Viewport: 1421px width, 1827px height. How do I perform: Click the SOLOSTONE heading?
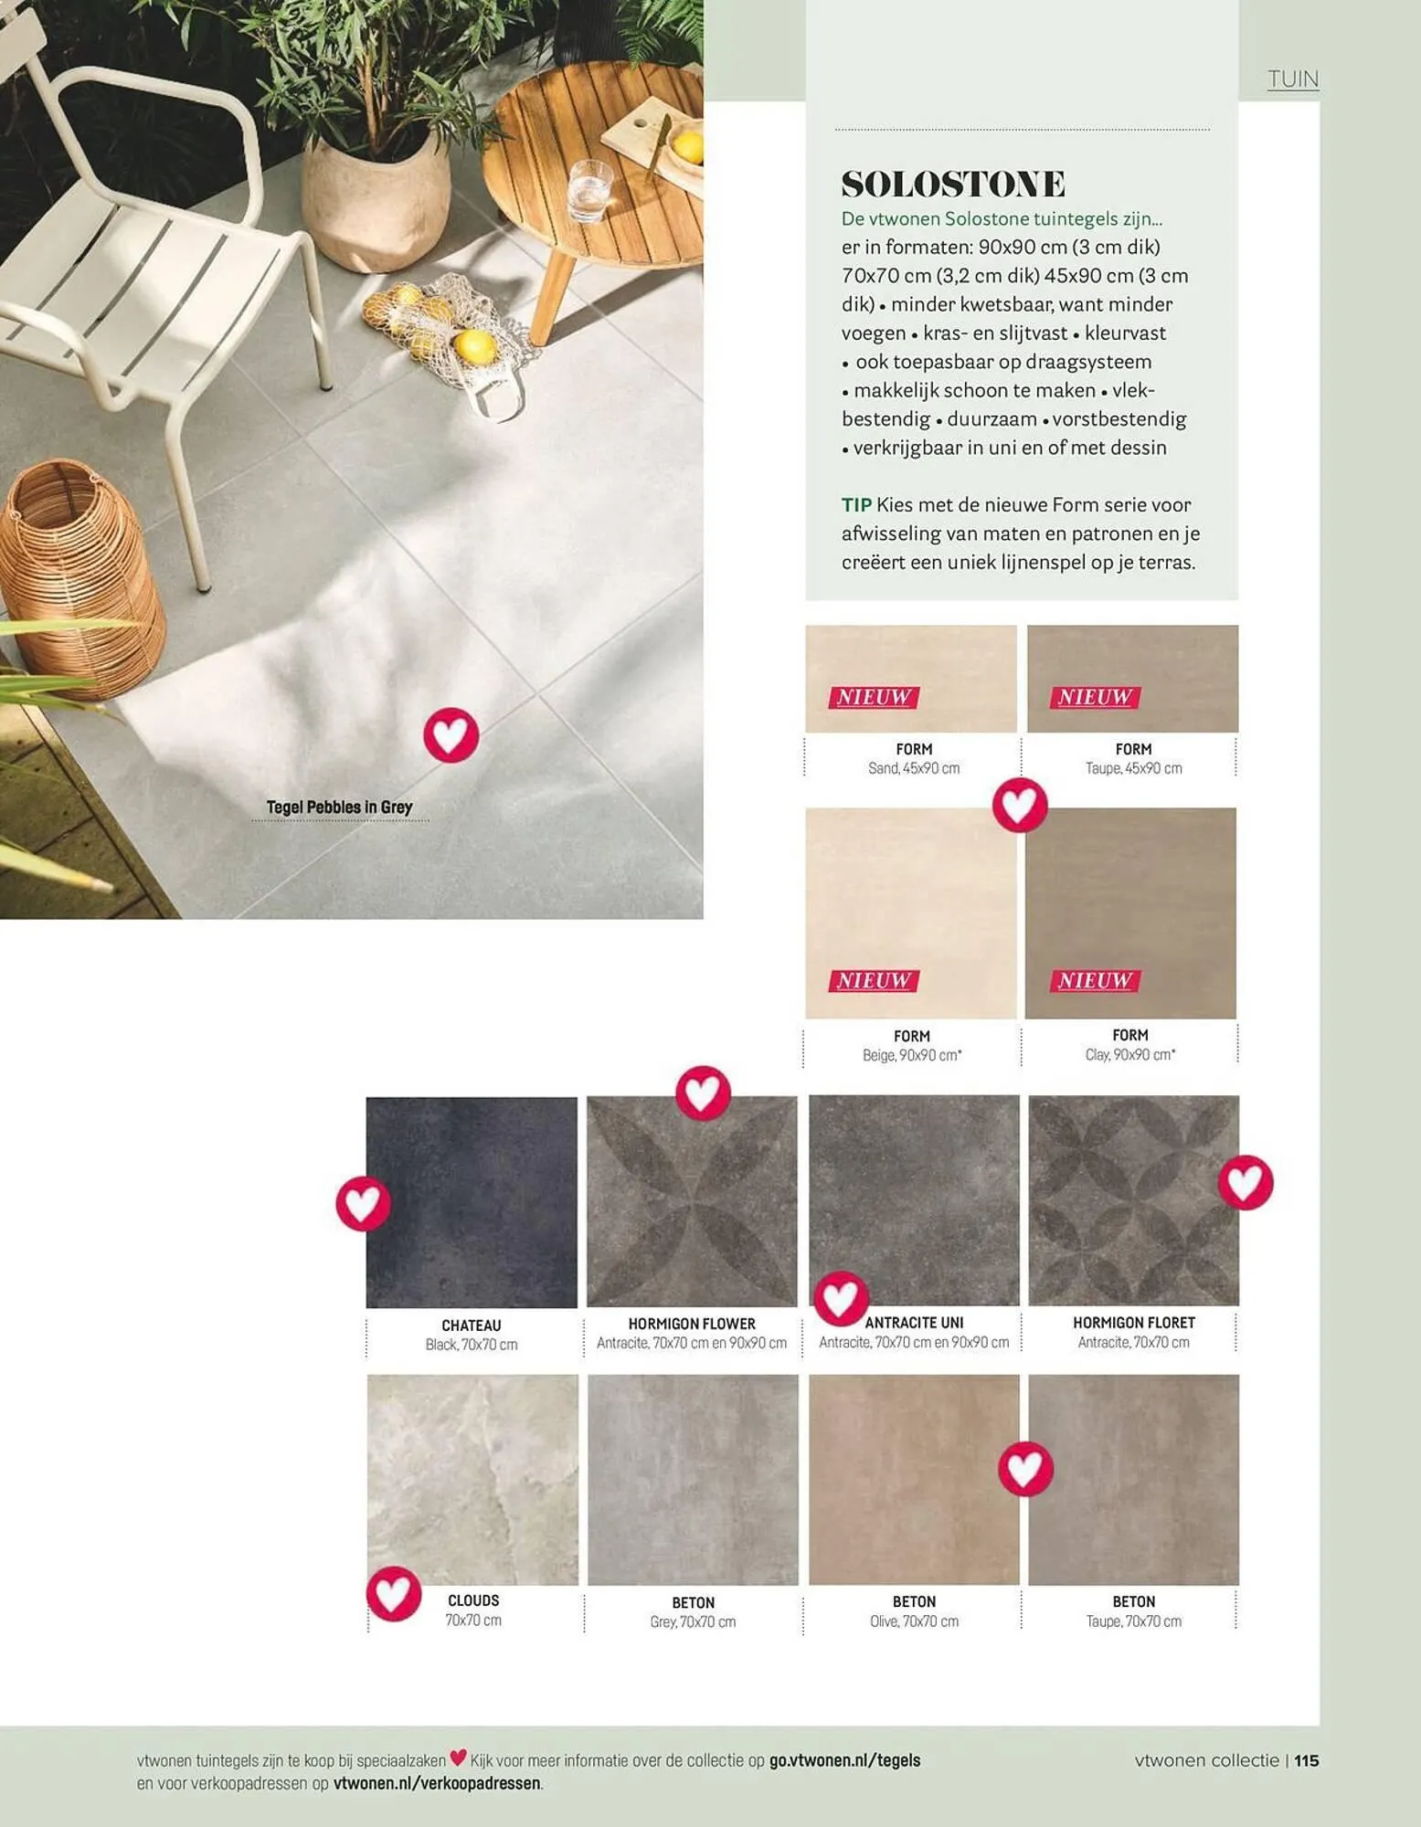[953, 184]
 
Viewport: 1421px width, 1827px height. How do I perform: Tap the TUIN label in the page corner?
[1293, 79]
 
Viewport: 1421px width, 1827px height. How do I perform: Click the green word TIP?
[856, 505]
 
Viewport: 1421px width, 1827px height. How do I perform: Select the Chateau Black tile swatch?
[472, 1202]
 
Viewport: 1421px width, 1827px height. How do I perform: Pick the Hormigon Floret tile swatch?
[1134, 1200]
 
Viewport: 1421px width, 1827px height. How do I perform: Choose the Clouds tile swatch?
[472, 1480]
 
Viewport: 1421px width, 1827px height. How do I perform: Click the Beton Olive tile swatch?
[914, 1480]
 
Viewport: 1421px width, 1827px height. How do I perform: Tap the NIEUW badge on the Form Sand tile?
[874, 697]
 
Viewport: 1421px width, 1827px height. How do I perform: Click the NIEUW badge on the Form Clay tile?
[1095, 980]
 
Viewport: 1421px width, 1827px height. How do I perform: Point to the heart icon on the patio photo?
[451, 734]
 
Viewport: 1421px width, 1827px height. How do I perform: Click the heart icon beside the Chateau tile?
[364, 1204]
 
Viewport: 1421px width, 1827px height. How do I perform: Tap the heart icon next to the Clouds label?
[394, 1594]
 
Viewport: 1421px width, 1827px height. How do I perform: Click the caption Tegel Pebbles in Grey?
[339, 808]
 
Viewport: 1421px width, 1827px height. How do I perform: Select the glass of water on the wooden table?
[589, 191]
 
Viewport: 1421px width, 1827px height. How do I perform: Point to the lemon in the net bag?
[475, 346]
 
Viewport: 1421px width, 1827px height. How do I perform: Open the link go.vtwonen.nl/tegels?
[844, 1760]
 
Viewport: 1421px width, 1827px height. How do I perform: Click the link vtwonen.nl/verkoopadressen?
[437, 1782]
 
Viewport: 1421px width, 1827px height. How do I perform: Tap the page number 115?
[1307, 1760]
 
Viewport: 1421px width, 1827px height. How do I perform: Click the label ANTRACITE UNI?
[914, 1323]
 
